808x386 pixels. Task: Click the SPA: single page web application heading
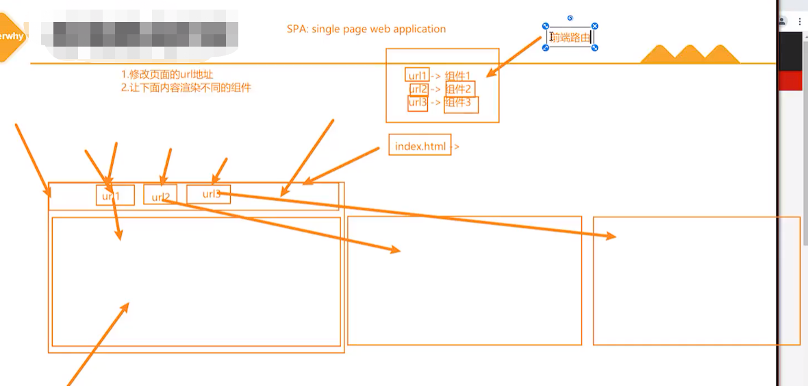coord(366,29)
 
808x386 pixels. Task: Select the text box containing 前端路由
coord(570,38)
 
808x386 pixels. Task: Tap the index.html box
coord(420,145)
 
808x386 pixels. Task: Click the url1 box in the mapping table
coord(417,75)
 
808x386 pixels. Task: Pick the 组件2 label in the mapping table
coord(459,89)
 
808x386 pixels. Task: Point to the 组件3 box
coord(460,104)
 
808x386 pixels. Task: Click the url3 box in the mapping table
coord(417,103)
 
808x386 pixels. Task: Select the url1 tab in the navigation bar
coord(114,195)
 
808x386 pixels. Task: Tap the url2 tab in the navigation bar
coord(160,196)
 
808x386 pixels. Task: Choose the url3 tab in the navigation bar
coord(209,194)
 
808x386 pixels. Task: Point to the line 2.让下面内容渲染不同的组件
coord(186,88)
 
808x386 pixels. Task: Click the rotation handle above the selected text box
coord(570,19)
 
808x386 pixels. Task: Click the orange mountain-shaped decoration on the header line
coord(690,55)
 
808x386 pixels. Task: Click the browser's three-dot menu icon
coord(800,22)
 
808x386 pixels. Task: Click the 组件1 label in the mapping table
coord(458,75)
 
